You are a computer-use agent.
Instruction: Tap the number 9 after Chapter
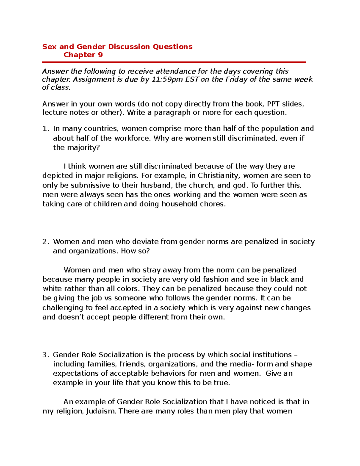click(100, 55)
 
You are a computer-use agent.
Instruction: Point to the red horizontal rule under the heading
click(174, 62)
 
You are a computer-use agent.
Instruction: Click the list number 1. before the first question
click(45, 129)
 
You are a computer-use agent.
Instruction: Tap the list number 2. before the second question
click(45, 242)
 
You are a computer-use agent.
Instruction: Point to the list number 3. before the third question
click(45, 355)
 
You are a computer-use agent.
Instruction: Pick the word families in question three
click(102, 364)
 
